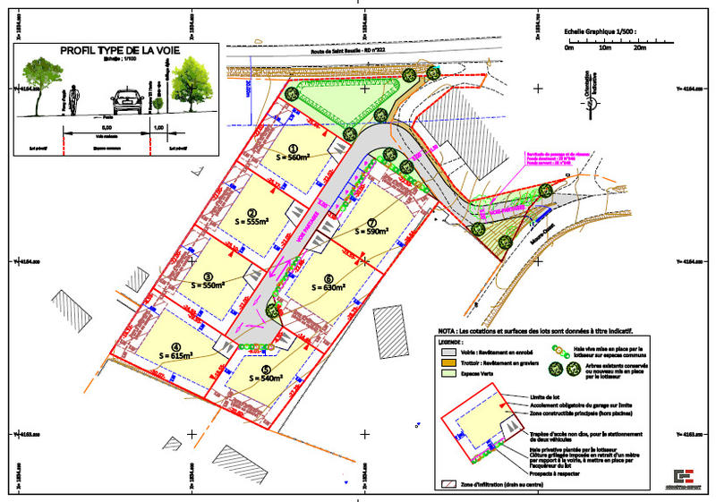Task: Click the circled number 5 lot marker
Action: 266,369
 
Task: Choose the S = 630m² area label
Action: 328,287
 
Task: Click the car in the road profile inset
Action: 130,101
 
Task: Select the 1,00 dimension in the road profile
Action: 159,128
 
